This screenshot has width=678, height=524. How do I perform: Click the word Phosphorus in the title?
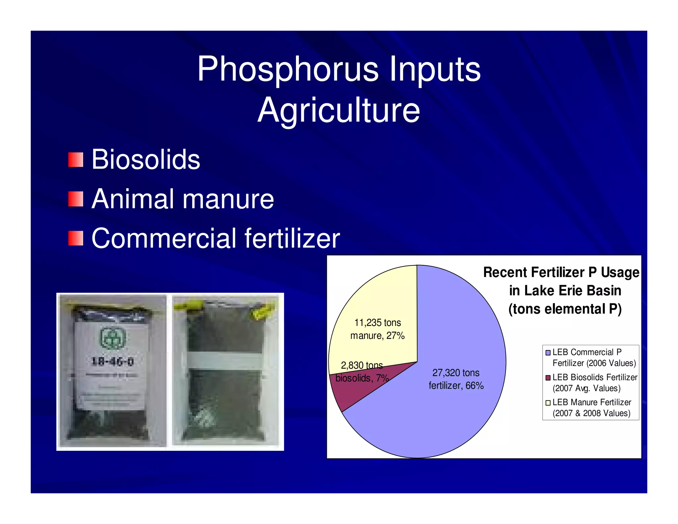click(x=287, y=70)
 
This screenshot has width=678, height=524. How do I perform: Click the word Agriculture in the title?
click(x=339, y=110)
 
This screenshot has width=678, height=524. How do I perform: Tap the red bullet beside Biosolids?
click(x=75, y=160)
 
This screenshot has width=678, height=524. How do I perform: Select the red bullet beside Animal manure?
click(x=75, y=199)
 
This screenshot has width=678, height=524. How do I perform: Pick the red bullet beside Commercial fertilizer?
click(x=75, y=238)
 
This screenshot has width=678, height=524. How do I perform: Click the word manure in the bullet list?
click(x=228, y=200)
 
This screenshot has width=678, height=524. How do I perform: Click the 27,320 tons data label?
click(x=456, y=373)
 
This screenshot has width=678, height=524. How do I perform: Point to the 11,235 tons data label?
click(x=377, y=323)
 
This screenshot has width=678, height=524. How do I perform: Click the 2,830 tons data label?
click(x=362, y=365)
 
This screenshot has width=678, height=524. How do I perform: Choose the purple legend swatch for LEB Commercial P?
click(x=548, y=352)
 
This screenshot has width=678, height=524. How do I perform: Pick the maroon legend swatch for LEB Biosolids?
click(x=548, y=378)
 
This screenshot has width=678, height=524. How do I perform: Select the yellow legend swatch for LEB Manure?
click(x=548, y=402)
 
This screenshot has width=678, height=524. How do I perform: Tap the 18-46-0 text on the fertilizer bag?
click(x=113, y=361)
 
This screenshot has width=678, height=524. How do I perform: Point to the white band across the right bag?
click(x=225, y=360)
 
